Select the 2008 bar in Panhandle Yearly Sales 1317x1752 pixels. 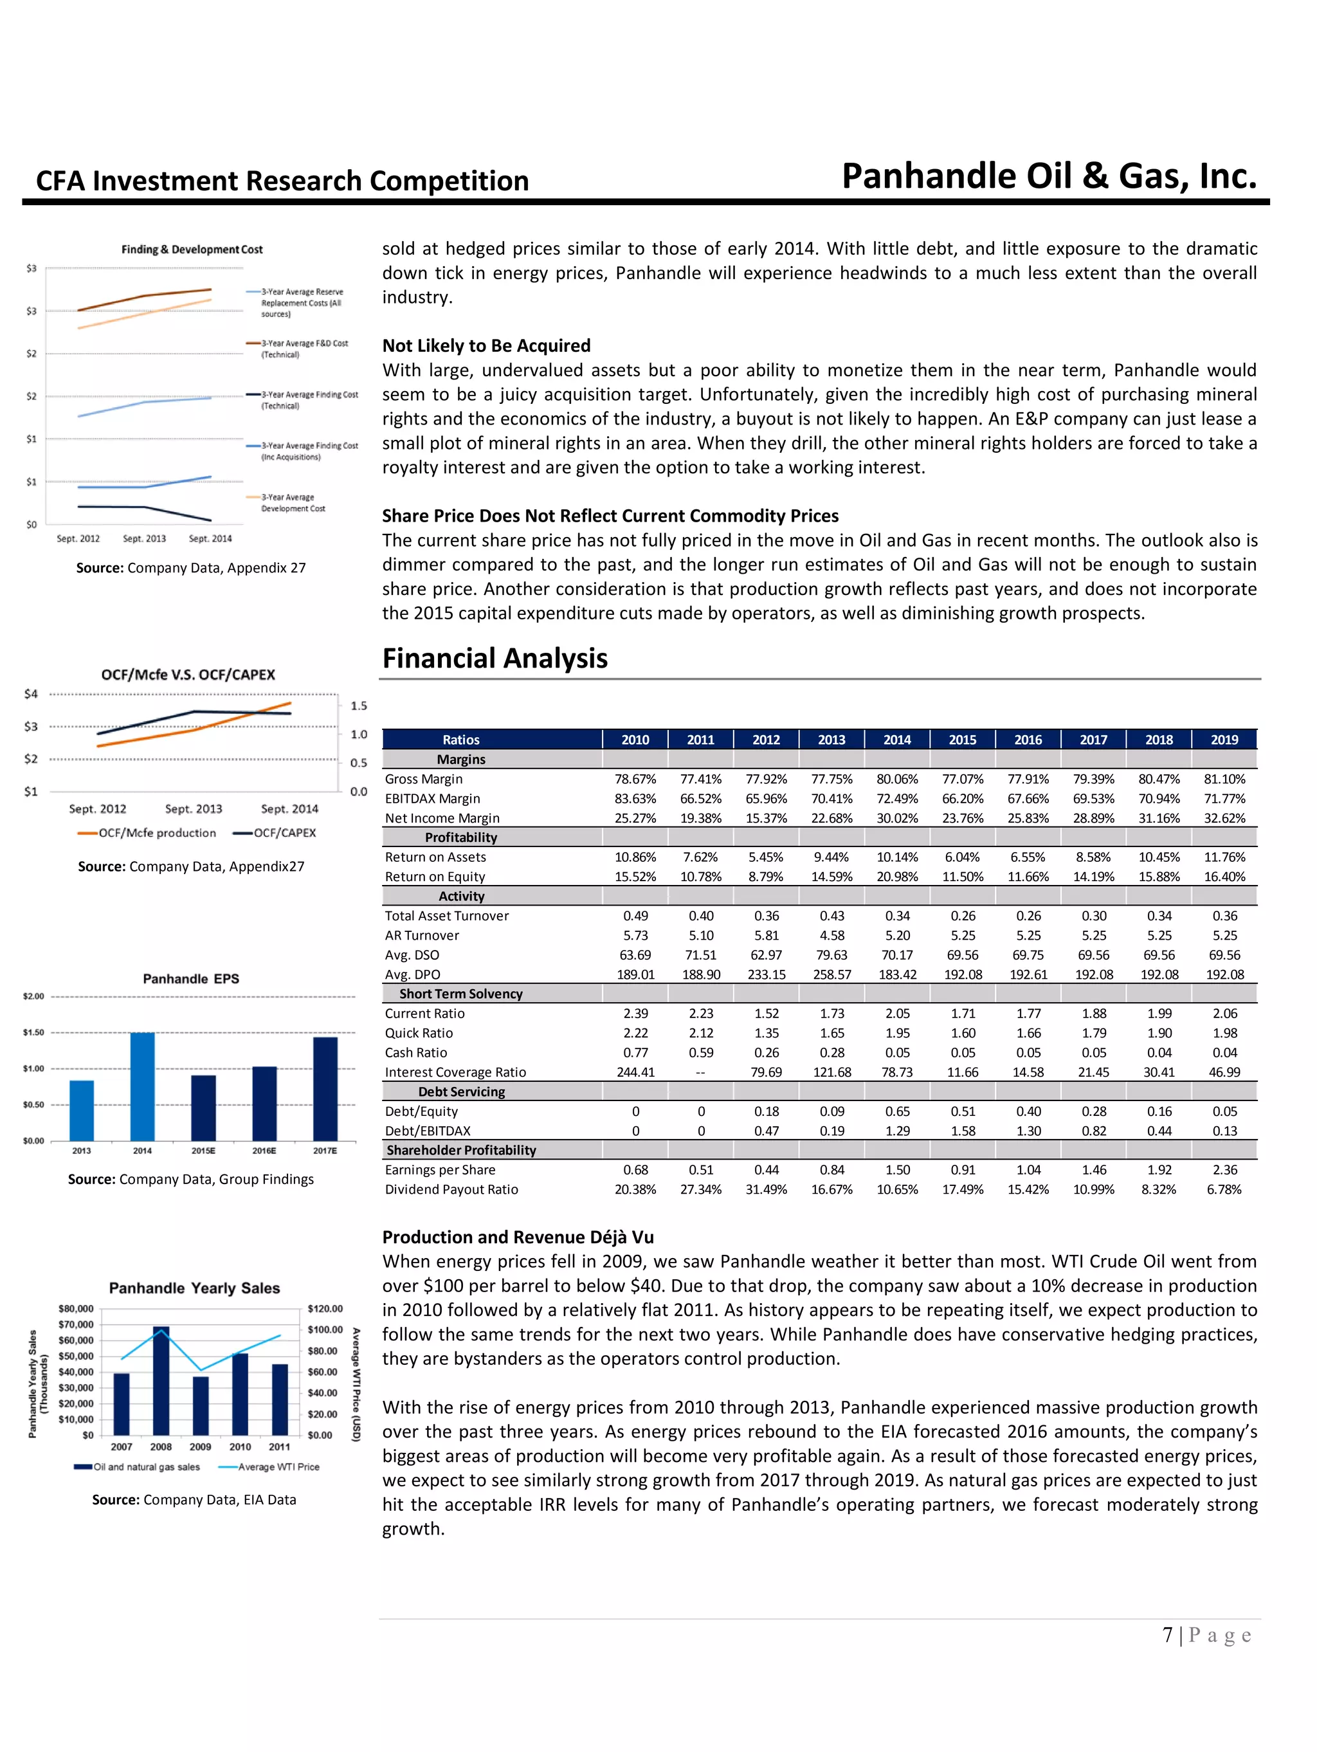(x=161, y=1383)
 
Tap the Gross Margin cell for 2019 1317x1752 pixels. (x=1224, y=780)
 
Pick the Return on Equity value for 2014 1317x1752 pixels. (x=896, y=877)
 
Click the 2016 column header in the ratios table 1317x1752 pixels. (x=1027, y=740)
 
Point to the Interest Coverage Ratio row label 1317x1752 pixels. (x=455, y=1072)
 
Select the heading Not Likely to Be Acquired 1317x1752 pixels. (x=486, y=345)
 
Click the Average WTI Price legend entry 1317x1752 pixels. (x=269, y=1467)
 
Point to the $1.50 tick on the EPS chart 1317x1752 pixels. (x=33, y=1033)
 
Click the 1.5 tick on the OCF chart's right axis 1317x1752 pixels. (x=359, y=706)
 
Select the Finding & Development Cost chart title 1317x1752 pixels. (x=192, y=250)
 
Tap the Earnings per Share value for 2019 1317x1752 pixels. (x=1224, y=1170)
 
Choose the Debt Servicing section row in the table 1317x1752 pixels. (x=461, y=1091)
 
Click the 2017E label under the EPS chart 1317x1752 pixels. (x=325, y=1151)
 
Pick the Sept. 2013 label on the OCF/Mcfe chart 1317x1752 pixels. (x=193, y=808)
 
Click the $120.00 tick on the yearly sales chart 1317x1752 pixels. (x=325, y=1308)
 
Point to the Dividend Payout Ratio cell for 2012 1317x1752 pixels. (x=765, y=1190)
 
